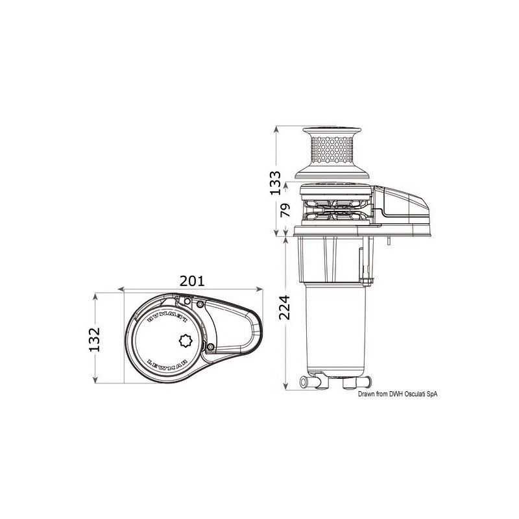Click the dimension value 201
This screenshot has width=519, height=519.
pos(193,281)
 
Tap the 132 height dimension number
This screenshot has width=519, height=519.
pos(95,337)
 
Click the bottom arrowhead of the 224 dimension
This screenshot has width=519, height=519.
pos(285,387)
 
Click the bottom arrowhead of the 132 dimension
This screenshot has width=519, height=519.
pos(96,381)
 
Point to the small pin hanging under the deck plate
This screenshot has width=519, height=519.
pos(387,243)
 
